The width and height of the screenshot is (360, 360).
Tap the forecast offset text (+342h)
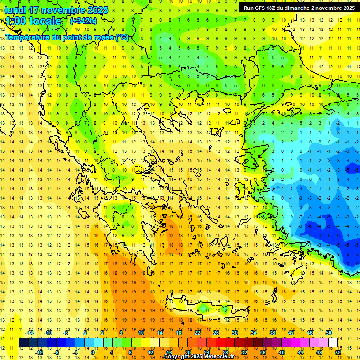(x=83, y=21)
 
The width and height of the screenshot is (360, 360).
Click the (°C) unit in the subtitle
(x=121, y=37)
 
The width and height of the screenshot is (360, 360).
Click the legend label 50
(x=328, y=332)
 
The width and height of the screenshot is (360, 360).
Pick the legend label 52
(x=337, y=352)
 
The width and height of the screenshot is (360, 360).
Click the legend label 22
(x=197, y=332)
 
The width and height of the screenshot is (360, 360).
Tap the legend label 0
(x=93, y=352)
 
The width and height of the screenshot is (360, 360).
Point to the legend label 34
(x=254, y=332)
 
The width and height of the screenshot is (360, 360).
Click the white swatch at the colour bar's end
(x=333, y=342)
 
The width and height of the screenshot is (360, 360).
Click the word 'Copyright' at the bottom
(x=177, y=356)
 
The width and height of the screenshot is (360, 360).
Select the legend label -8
(x=57, y=352)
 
